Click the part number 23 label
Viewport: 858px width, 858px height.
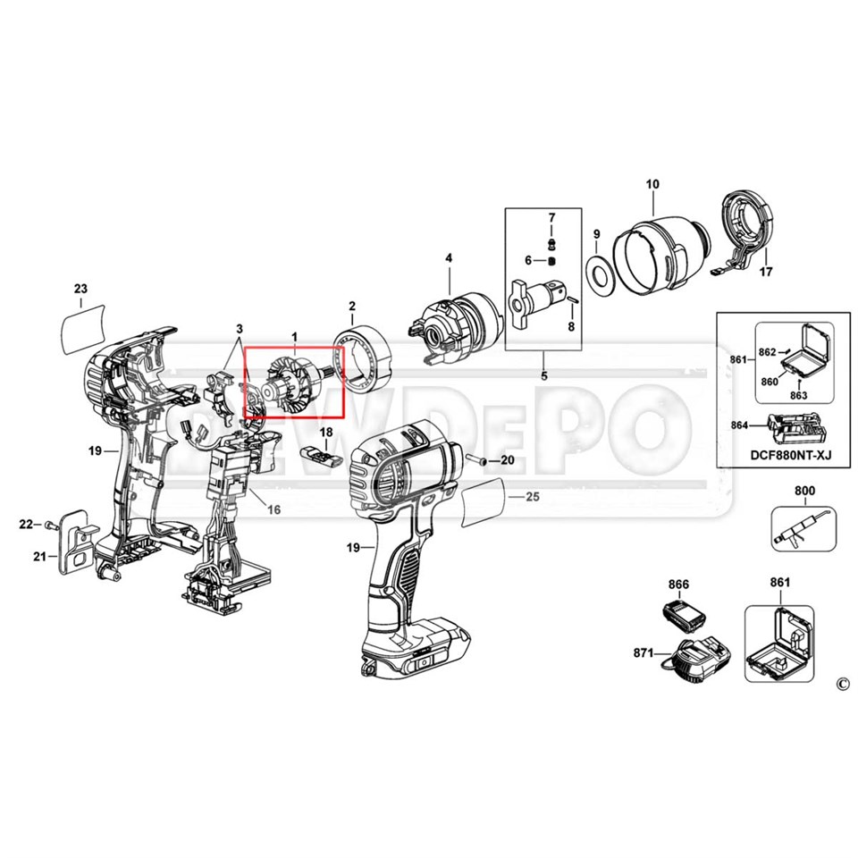(80, 288)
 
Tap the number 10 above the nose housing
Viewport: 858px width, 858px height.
(652, 184)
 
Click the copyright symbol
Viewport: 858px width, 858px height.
(841, 685)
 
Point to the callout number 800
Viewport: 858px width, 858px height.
(805, 491)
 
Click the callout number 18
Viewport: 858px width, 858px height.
(326, 433)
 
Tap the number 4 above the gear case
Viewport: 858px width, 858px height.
(449, 258)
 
